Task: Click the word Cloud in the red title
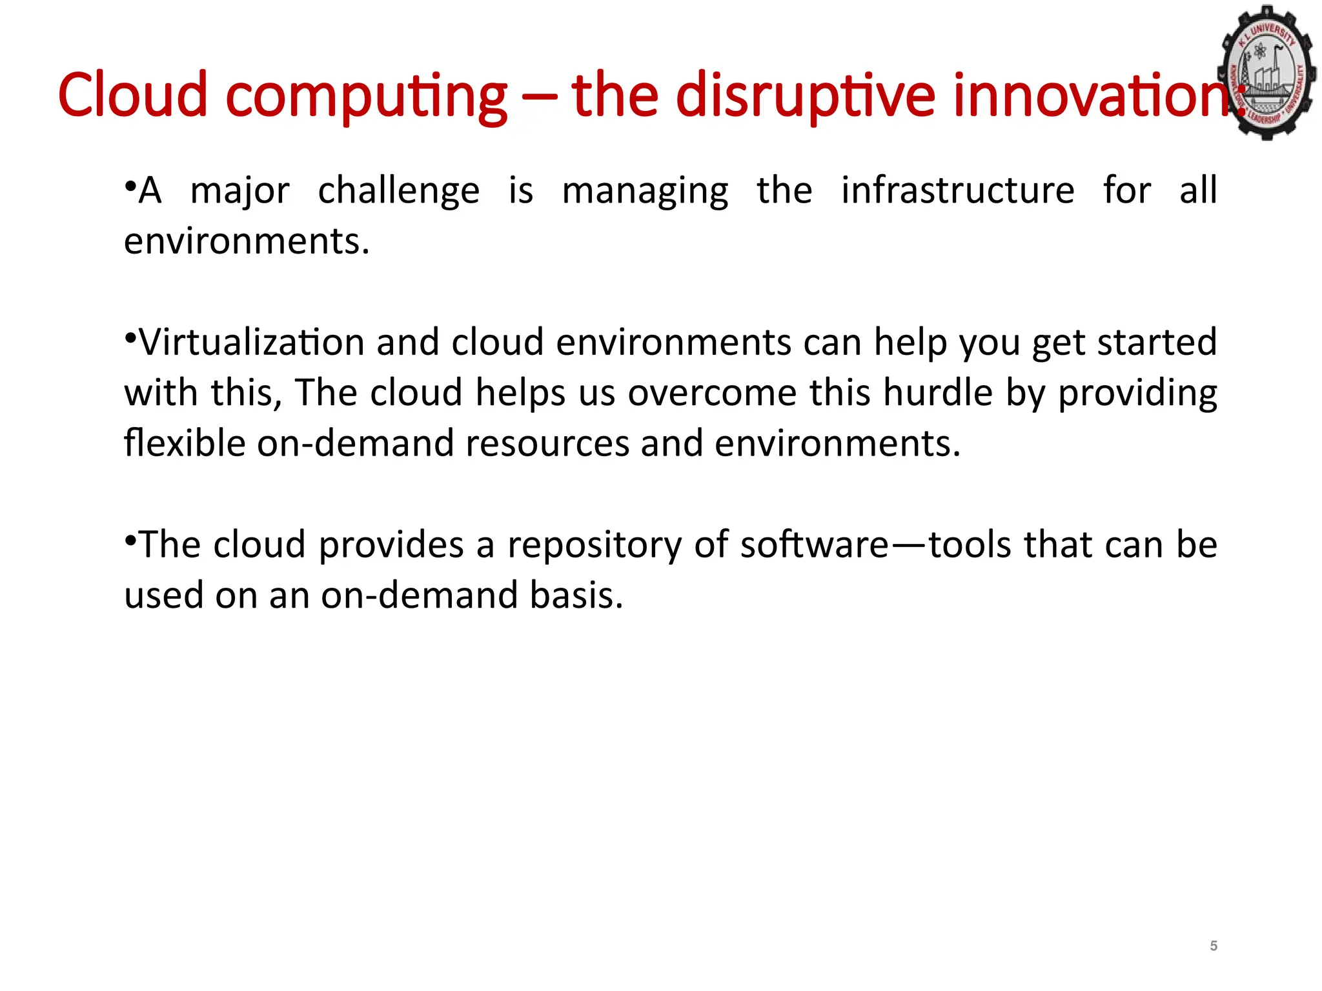[x=132, y=95]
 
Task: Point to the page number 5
[x=1214, y=946]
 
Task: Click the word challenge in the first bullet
[x=398, y=191]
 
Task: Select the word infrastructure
[x=957, y=191]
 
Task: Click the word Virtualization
[x=252, y=342]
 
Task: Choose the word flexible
[x=185, y=443]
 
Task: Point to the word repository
[x=595, y=546]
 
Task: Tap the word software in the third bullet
[x=815, y=545]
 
